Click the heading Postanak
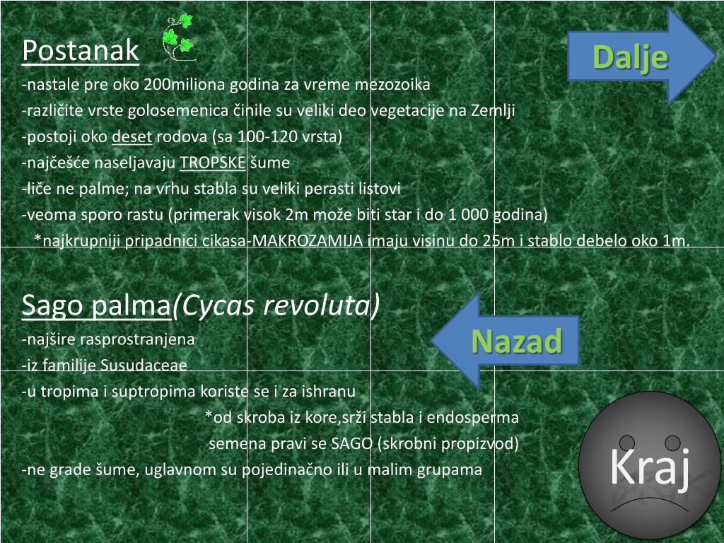(x=81, y=50)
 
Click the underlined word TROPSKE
(x=213, y=163)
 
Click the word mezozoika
(x=395, y=85)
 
